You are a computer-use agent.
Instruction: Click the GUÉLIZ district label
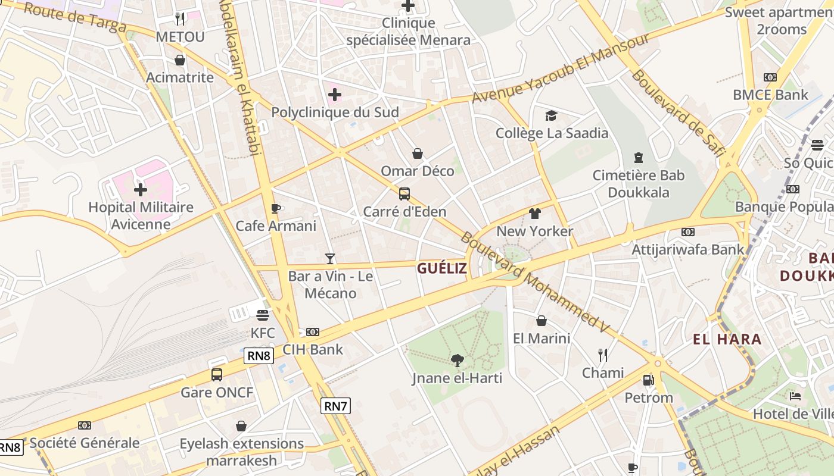point(441,268)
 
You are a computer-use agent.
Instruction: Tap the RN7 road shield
point(335,406)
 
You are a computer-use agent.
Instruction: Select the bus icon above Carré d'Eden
point(404,193)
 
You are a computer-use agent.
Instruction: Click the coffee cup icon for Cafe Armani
point(275,208)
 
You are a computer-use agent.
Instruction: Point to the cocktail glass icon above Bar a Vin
point(330,258)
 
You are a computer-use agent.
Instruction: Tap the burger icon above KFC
point(262,315)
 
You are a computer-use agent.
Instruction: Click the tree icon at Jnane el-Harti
point(457,359)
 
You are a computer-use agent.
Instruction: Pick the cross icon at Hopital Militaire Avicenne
point(141,190)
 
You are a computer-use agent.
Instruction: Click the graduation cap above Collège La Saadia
point(552,115)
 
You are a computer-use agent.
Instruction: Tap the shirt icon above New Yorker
point(534,213)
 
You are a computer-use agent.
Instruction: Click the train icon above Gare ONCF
point(217,375)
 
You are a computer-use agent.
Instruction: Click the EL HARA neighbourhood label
point(727,340)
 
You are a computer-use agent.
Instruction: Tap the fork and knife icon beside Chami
point(603,355)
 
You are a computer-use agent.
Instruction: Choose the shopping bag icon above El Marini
point(542,321)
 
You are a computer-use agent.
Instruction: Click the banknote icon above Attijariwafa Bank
point(687,231)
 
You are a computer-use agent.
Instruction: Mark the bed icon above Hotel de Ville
point(795,396)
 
